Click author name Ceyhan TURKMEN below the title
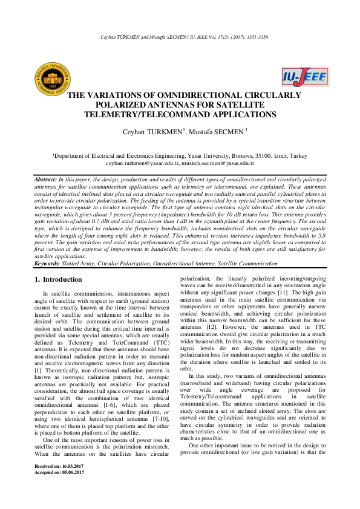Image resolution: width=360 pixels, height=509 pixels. point(145,131)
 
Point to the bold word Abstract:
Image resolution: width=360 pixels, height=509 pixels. point(45,180)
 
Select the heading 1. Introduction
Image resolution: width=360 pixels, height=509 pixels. point(58,280)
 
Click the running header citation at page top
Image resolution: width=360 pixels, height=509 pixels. point(180,36)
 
